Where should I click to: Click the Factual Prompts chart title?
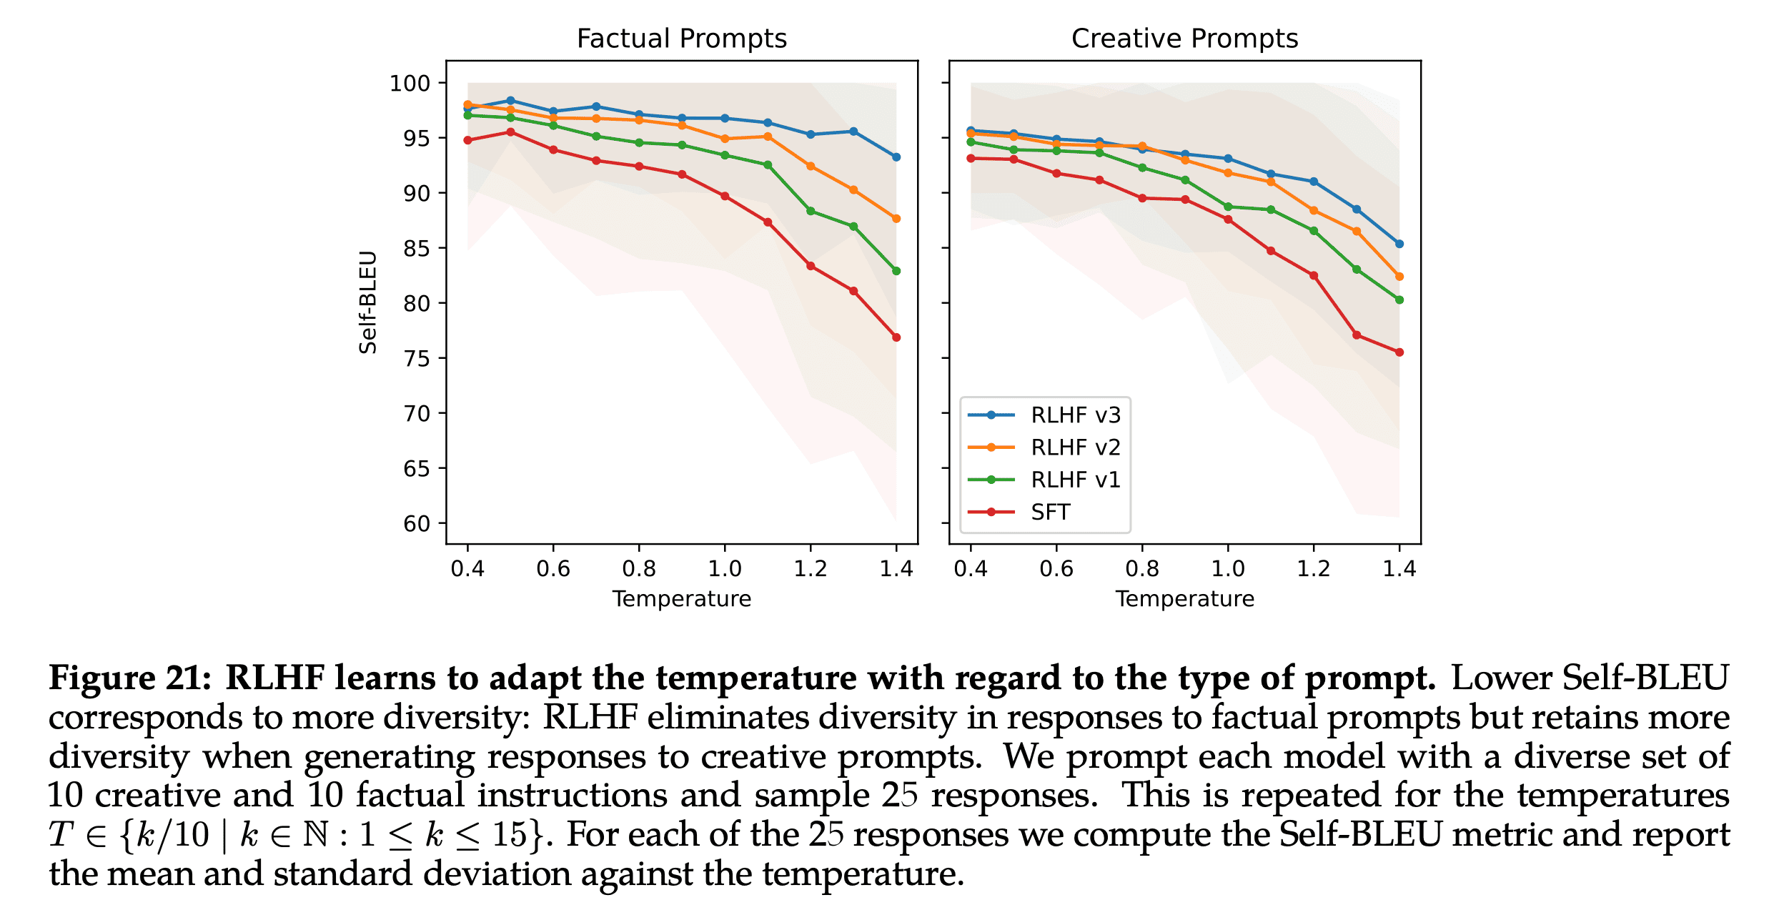coord(681,39)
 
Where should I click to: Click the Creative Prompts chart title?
coord(1184,39)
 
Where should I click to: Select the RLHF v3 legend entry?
coord(1075,415)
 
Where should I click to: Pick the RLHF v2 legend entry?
coord(1075,447)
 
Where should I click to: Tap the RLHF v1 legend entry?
coord(1075,480)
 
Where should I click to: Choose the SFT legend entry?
coord(1050,512)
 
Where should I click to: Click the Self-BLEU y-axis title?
coord(368,302)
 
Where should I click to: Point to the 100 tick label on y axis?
coord(410,84)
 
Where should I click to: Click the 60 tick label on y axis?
coord(417,524)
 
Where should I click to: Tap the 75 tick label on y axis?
coord(417,359)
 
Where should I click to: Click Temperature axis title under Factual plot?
coord(681,599)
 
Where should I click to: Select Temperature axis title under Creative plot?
coord(1184,599)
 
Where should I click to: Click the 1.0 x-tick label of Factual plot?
coord(725,569)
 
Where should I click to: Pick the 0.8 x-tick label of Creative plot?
coord(1142,569)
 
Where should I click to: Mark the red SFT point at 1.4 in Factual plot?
coord(896,337)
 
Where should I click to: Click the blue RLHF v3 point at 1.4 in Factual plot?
coord(896,157)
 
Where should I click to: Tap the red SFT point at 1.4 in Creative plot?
coord(1399,352)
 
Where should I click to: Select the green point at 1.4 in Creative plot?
coord(1399,300)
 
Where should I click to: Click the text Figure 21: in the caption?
coord(130,678)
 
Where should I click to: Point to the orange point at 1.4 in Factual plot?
coord(896,219)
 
